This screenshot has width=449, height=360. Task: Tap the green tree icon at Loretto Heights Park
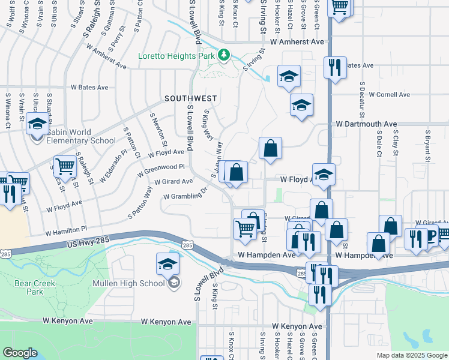click(224, 55)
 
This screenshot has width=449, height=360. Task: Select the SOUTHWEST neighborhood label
click(191, 98)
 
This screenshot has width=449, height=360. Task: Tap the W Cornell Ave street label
click(393, 95)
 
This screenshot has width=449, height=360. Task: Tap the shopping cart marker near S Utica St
click(65, 167)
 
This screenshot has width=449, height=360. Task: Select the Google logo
click(20, 353)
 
